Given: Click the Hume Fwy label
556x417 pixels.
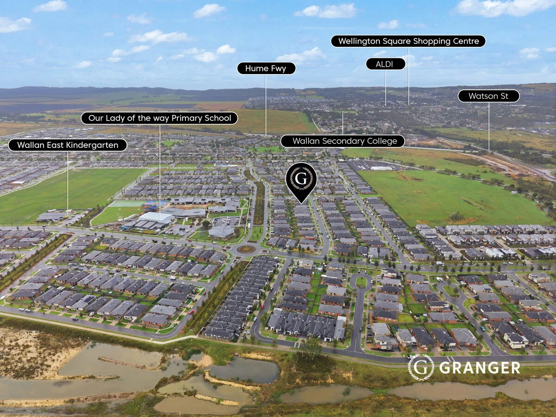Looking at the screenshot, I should (x=266, y=69).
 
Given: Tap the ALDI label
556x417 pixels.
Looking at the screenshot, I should (x=385, y=64).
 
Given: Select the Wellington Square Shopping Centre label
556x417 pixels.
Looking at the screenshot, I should (x=408, y=41).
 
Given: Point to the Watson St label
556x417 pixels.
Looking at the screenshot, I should (x=488, y=96).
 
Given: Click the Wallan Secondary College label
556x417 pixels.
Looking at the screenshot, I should (x=342, y=141).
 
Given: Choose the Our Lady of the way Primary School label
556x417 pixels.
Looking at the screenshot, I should (x=159, y=118).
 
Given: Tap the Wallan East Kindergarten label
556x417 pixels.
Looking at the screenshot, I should (x=67, y=145).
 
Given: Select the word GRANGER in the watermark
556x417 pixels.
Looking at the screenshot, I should (x=479, y=368).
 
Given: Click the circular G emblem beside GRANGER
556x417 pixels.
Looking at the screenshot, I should (x=421, y=367).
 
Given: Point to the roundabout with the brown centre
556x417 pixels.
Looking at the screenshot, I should (x=246, y=249).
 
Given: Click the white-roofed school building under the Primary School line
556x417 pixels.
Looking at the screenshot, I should (x=156, y=218).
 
